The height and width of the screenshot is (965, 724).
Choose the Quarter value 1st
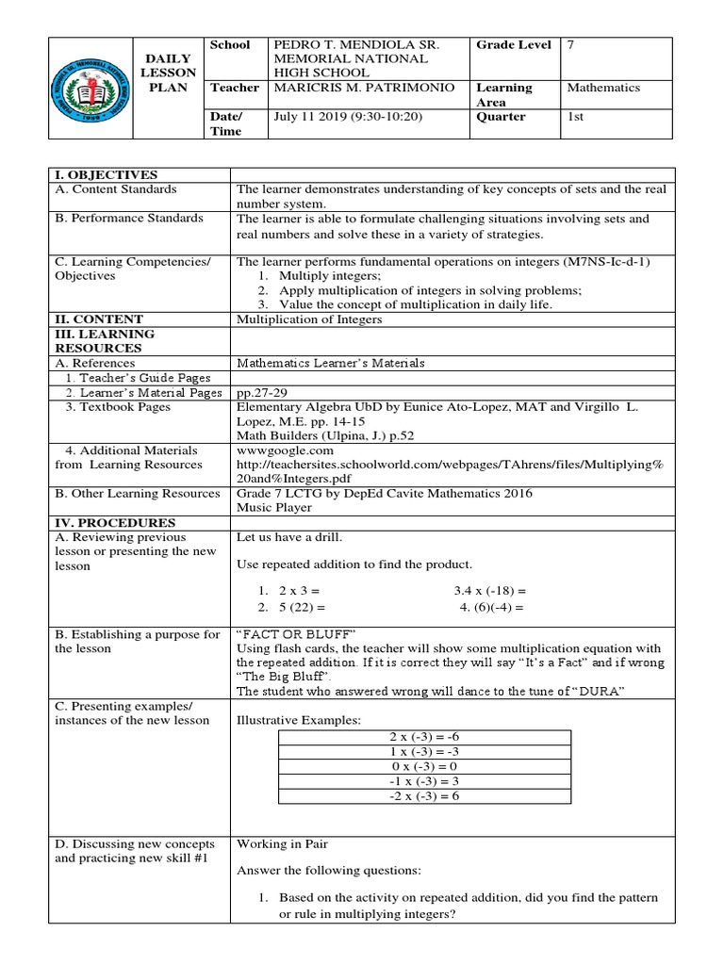coord(575,117)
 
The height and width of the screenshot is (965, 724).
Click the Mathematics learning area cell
coord(602,88)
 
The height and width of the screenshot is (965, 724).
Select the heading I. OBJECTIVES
coord(107,174)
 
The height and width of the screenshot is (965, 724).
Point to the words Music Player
coord(274,508)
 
